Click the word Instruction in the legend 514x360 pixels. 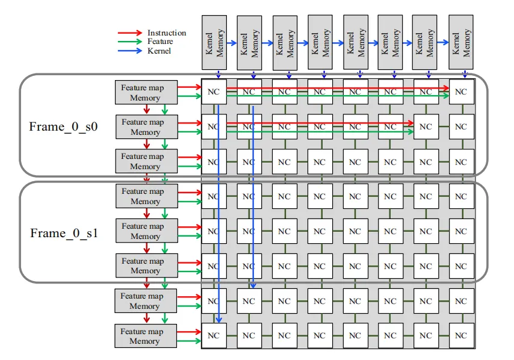click(x=167, y=33)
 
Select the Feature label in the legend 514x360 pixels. click(x=160, y=42)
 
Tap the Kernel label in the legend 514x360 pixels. click(x=159, y=51)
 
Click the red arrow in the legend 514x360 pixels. click(x=131, y=33)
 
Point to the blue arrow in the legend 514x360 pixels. click(x=131, y=51)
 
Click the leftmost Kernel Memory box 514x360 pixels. click(x=214, y=43)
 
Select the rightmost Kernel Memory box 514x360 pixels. click(x=460, y=43)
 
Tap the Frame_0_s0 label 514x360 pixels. click(x=63, y=126)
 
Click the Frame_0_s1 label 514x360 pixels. click(x=64, y=233)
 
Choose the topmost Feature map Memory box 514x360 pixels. click(x=146, y=92)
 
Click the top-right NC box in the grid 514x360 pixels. click(x=460, y=92)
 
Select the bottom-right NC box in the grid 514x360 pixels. click(x=460, y=335)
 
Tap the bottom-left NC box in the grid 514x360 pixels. click(x=214, y=335)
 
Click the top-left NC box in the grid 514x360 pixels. click(x=214, y=92)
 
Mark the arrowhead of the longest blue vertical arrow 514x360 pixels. click(x=219, y=320)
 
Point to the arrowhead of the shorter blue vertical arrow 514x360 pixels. click(x=253, y=285)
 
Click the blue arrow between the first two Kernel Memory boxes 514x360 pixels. click(x=232, y=43)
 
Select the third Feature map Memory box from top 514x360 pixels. click(x=147, y=161)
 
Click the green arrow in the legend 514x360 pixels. click(x=131, y=42)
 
